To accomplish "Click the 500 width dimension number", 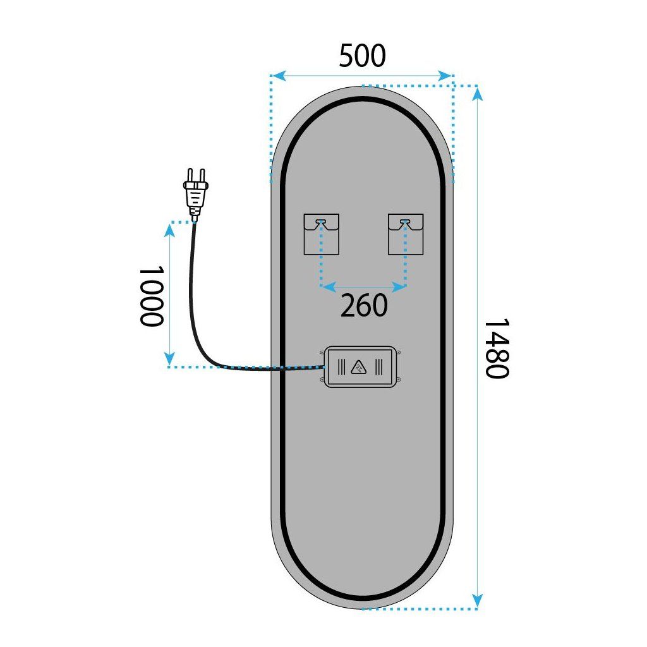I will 362,56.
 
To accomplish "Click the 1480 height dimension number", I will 496,348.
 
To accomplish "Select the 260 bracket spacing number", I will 364,306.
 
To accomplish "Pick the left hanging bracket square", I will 321,234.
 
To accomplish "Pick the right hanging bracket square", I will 405,234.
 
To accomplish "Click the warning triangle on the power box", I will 360,367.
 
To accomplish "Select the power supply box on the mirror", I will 360,367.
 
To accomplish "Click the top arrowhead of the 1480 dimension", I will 478,94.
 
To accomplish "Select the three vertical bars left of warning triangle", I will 341,367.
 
